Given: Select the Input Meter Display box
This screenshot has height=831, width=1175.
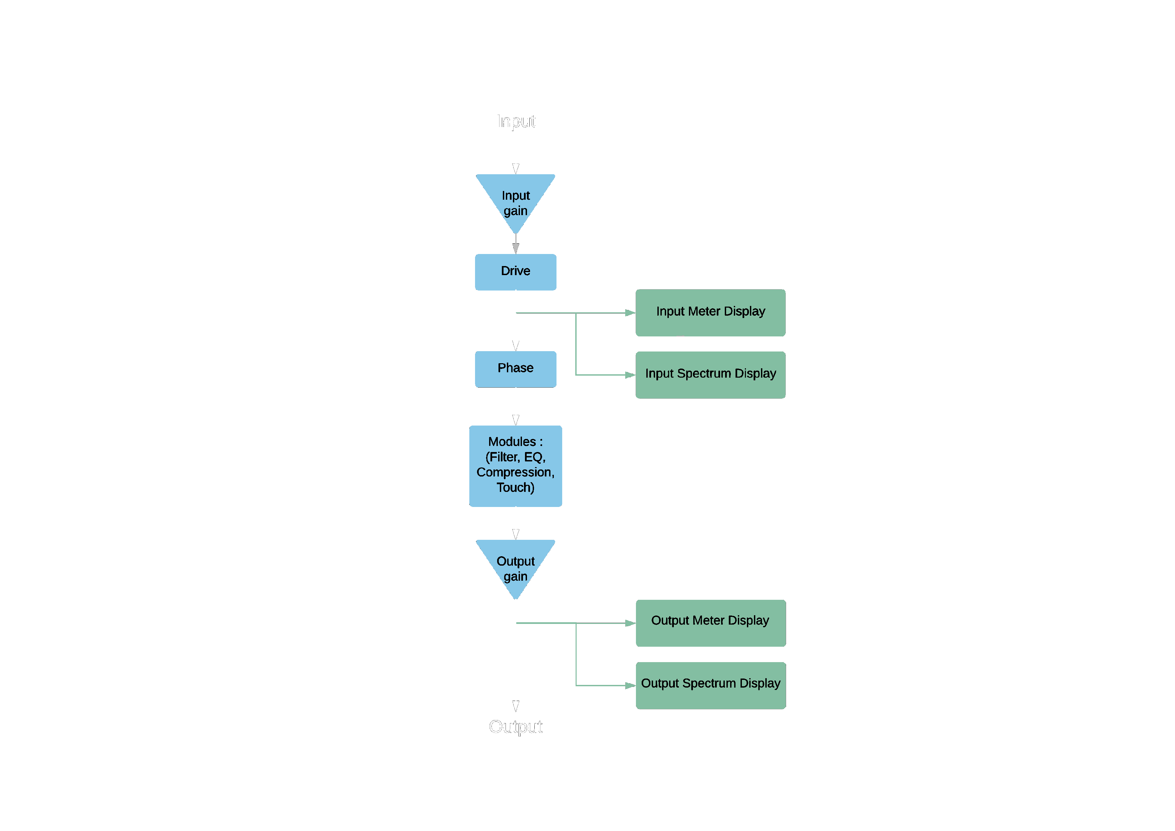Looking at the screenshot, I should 710,313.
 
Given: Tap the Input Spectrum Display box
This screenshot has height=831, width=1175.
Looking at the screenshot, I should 710,375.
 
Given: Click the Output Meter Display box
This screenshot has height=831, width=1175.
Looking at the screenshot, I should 710,623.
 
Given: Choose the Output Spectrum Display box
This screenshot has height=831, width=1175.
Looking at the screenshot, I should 710,685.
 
